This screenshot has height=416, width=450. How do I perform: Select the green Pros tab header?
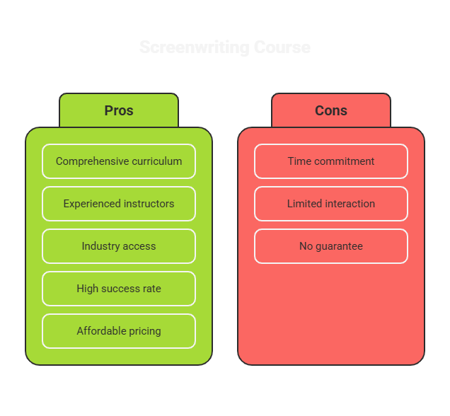(x=119, y=110)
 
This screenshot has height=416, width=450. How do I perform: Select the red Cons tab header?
(x=331, y=110)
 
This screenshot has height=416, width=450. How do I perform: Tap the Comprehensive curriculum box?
(x=119, y=161)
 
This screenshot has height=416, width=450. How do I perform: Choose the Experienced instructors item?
(x=119, y=204)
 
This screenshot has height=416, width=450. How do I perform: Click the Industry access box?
(x=119, y=246)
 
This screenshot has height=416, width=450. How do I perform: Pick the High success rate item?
(x=119, y=289)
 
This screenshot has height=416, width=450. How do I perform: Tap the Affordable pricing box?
(x=119, y=331)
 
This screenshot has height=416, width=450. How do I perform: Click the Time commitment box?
(x=331, y=161)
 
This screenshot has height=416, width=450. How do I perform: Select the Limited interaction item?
(x=331, y=204)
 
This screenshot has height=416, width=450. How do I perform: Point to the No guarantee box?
(x=331, y=246)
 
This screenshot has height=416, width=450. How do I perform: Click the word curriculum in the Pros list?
(x=157, y=161)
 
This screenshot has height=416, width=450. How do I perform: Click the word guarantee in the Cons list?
(x=339, y=246)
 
